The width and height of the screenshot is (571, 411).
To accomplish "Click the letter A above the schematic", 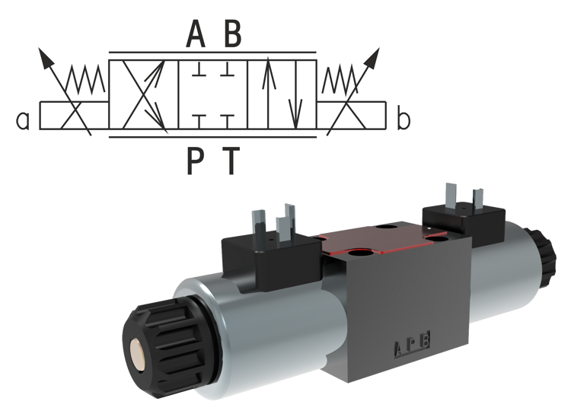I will [x=196, y=34].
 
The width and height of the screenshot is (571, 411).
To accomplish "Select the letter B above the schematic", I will [x=231, y=34].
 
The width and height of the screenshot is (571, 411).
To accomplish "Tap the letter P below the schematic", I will [x=196, y=160].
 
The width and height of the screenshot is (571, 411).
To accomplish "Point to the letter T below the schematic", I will [x=231, y=160].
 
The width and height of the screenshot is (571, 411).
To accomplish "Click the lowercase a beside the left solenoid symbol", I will [x=24, y=119].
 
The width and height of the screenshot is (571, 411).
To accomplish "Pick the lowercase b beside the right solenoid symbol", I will [x=404, y=119].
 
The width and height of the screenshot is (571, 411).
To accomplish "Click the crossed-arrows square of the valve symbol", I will [x=144, y=95].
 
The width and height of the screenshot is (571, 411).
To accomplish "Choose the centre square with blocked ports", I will [x=212, y=95].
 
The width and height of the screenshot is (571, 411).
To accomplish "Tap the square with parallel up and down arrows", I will [x=282, y=95].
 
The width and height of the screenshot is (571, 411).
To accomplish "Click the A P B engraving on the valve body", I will [x=412, y=348].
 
